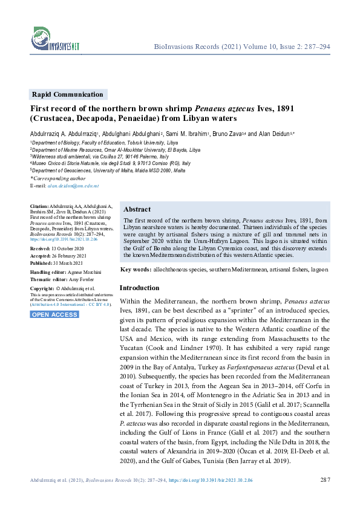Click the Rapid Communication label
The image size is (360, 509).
(x=68, y=94)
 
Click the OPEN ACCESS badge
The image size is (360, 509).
(x=54, y=314)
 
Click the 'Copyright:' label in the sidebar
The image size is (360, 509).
(x=42, y=289)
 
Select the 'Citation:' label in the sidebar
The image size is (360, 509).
(x=41, y=207)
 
